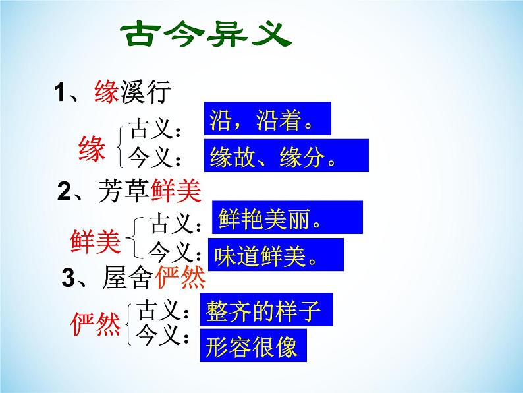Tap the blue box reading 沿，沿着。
click(267, 119)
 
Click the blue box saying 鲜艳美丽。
click(287, 217)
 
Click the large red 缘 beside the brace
click(92, 148)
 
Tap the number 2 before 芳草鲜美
click(64, 192)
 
